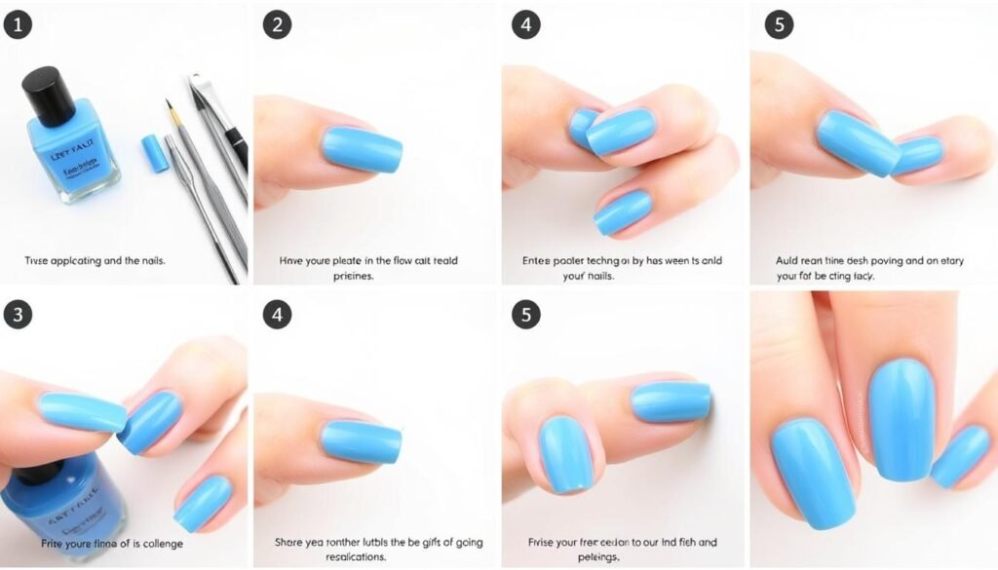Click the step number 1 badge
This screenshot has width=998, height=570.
[x=18, y=25]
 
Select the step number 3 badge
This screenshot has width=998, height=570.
[x=18, y=314]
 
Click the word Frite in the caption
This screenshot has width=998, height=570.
[x=55, y=543]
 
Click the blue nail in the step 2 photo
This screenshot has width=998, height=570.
[x=362, y=149]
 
